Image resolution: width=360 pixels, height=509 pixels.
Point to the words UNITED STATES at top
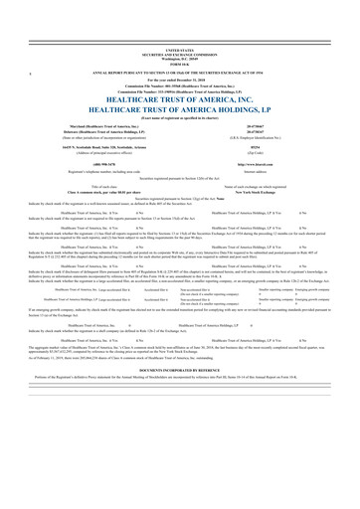180,48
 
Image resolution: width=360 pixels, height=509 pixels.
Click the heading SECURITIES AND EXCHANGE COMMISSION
180,51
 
